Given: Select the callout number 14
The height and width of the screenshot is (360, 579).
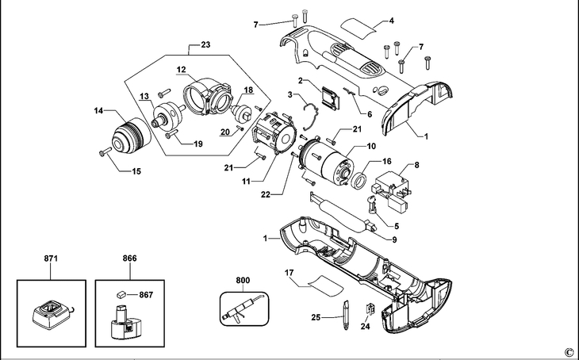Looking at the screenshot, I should coord(99,111).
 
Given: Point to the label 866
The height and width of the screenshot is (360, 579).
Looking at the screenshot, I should coord(129,259).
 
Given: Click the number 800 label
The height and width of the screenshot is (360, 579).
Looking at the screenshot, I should coord(242,279).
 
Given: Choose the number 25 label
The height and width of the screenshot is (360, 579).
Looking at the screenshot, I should coord(316,317).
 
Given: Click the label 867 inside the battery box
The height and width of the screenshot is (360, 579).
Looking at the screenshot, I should coord(146,294).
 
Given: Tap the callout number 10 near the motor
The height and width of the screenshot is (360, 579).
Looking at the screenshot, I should coord(370,146).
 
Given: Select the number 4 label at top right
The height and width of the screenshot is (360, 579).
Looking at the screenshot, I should coord(391,20).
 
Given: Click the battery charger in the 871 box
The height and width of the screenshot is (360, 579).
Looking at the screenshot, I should coord(50,316).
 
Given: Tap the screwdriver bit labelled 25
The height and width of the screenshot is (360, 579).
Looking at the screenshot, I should coord(347,316).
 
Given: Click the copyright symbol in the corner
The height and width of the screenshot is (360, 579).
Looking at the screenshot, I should coord(569,352).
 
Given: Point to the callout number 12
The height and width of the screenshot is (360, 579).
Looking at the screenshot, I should coord(181,70).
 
